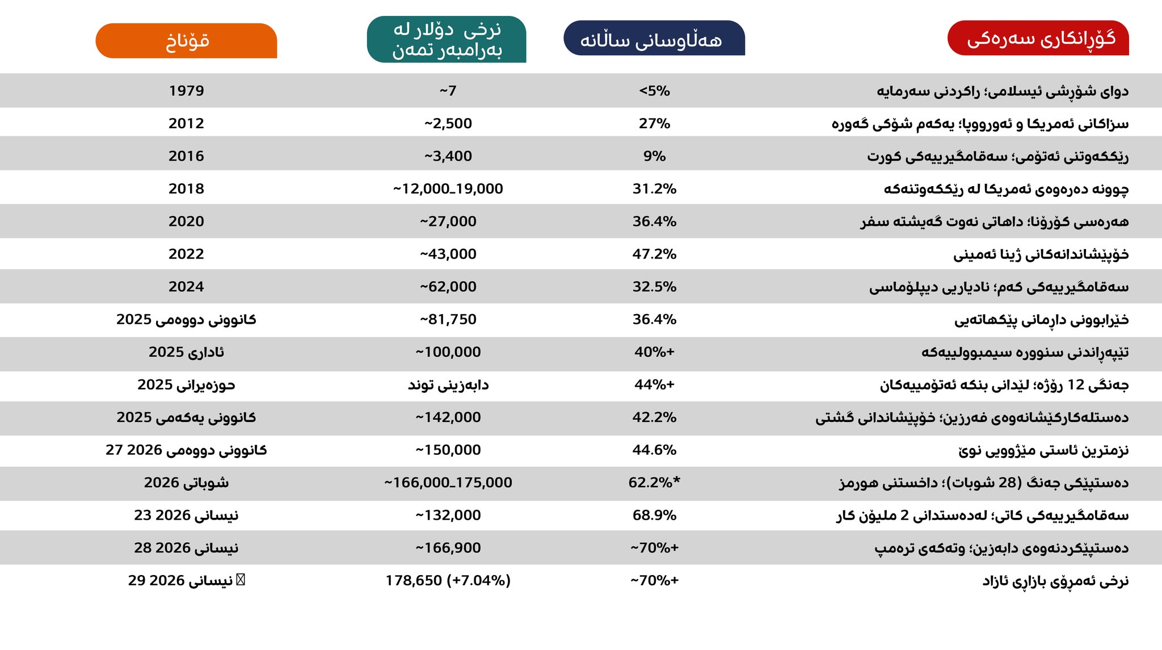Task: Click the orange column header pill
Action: point(186,41)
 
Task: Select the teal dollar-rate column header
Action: point(447,39)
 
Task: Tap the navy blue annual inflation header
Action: point(654,39)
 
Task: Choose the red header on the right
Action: point(1038,38)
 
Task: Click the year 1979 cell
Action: point(186,91)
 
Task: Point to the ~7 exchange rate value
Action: point(448,91)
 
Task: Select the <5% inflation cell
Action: point(654,91)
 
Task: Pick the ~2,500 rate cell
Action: point(448,124)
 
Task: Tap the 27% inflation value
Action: point(654,124)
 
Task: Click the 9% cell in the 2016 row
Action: point(654,156)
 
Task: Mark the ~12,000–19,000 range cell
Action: point(448,189)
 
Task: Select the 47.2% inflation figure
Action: point(654,254)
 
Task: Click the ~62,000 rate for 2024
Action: point(448,287)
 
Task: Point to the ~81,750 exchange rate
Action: point(448,319)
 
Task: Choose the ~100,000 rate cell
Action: point(448,352)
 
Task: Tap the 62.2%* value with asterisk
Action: point(654,483)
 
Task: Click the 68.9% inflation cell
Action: point(654,515)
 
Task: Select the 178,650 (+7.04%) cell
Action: point(448,581)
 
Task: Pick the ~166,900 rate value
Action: point(448,548)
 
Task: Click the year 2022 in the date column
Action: point(186,254)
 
